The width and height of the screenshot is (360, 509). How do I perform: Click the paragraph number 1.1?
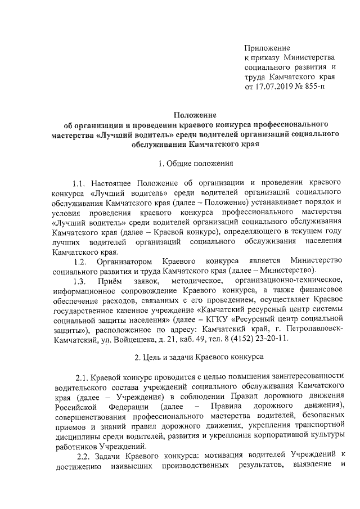(81, 183)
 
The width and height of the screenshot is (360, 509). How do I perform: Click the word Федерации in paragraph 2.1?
(128, 406)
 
